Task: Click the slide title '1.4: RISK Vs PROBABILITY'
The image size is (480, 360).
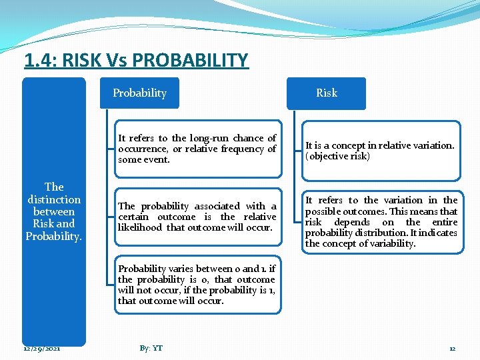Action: [136, 61]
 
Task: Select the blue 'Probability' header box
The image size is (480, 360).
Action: [139, 93]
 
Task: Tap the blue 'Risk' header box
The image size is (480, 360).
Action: [326, 93]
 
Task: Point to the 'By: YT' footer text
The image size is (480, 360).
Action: [151, 349]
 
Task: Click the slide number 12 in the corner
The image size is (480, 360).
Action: [452, 349]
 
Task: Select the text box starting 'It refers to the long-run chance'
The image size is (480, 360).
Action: [197, 149]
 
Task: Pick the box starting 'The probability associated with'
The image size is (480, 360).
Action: [197, 217]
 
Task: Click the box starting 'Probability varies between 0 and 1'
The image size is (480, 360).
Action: [197, 285]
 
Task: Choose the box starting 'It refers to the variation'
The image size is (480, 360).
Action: [381, 222]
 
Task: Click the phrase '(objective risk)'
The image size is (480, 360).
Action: [337, 156]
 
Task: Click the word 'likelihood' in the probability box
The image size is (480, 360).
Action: [141, 228]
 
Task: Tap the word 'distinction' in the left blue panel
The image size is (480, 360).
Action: [54, 199]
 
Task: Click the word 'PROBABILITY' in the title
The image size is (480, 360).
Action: [190, 61]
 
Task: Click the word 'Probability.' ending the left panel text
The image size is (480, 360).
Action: [54, 235]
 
